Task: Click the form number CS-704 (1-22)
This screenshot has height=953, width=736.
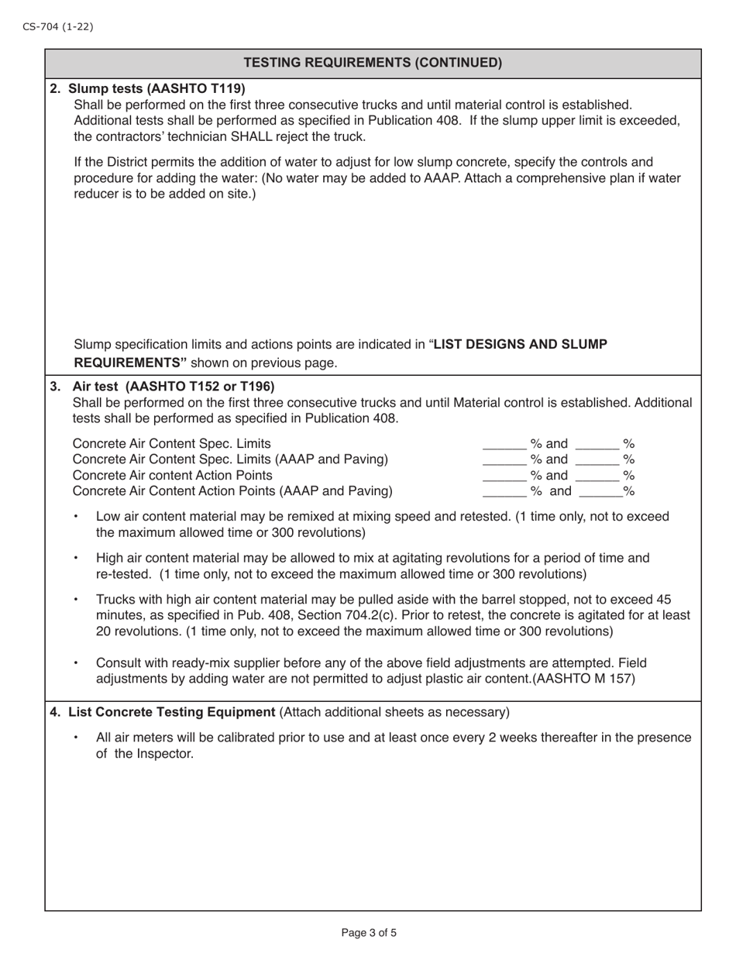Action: point(57,26)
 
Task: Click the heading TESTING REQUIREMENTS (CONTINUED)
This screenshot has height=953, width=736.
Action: point(373,63)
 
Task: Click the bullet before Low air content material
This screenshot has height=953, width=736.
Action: point(76,517)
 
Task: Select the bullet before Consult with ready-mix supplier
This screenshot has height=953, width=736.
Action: point(76,664)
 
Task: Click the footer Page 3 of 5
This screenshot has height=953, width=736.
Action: point(369,933)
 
